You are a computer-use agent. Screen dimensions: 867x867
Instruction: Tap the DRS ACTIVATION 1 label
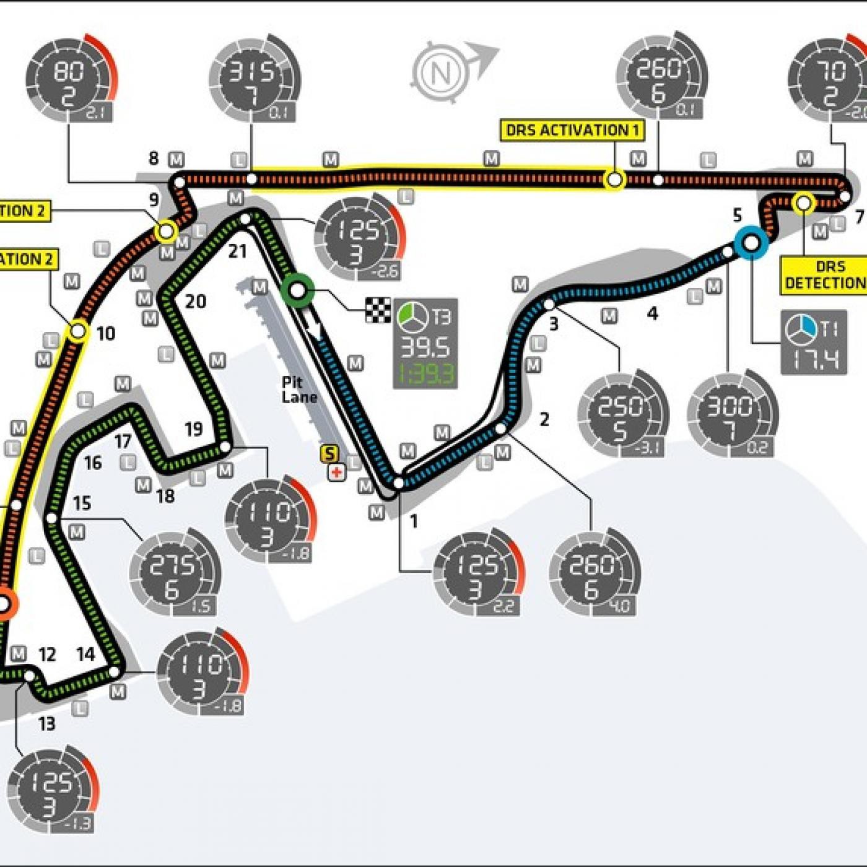tap(572, 130)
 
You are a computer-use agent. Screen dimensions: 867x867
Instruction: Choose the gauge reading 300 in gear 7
tap(731, 414)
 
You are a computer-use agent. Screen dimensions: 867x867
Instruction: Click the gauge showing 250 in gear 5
tap(622, 414)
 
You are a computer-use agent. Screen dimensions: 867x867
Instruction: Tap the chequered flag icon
tap(378, 310)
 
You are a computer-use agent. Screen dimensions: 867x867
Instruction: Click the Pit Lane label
tap(299, 390)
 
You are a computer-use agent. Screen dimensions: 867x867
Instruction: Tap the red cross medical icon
tap(337, 473)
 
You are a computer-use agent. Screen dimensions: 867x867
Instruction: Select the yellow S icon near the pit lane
tap(329, 455)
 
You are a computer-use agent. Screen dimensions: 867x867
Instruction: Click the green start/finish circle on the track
tap(297, 290)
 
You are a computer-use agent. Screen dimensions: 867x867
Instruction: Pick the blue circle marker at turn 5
tap(751, 243)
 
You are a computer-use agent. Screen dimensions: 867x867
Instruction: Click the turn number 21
tap(237, 251)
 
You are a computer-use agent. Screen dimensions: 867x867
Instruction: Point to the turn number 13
tap(46, 723)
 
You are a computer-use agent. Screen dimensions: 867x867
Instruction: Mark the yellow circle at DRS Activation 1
tap(614, 180)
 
